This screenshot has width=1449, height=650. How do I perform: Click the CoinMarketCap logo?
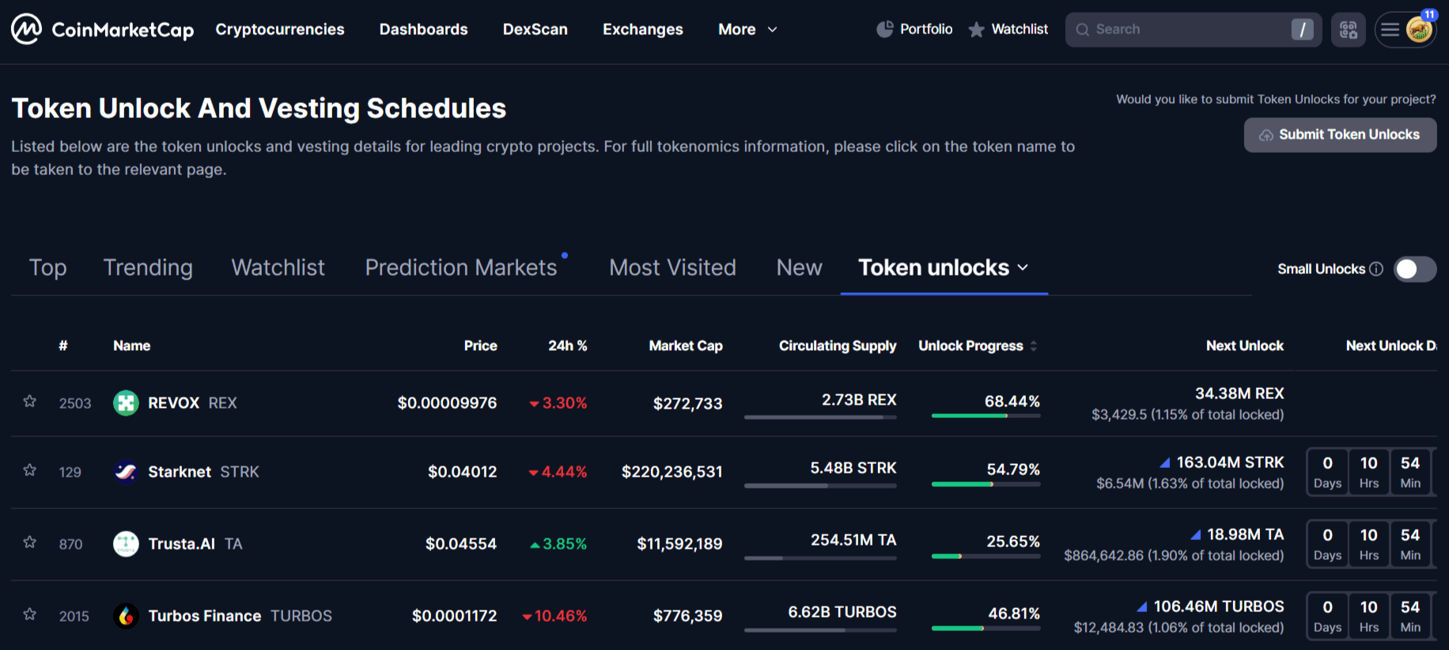point(102,30)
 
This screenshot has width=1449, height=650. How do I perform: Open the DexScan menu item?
point(535,29)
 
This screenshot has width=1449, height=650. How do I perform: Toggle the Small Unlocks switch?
point(1414,269)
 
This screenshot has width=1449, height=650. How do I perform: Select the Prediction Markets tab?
point(461,268)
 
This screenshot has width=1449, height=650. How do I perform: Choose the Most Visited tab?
point(672,268)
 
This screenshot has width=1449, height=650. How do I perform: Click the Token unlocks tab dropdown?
point(944,268)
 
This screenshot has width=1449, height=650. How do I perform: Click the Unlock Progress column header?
point(970,346)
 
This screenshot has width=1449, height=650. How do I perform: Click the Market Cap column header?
point(685,346)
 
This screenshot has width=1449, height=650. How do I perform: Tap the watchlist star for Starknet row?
point(30,470)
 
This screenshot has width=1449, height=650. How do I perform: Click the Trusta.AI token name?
point(181,544)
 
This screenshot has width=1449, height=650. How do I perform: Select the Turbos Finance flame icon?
point(126,616)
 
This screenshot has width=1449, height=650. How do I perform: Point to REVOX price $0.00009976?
point(447,403)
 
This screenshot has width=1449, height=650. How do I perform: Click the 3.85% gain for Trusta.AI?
point(564,544)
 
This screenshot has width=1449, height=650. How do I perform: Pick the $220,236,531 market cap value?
point(672,472)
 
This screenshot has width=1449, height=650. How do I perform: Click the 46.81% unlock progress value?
point(1013,614)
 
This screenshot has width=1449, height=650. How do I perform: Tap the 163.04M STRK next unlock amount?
point(1229,462)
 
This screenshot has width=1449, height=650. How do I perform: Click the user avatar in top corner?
point(1419,30)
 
